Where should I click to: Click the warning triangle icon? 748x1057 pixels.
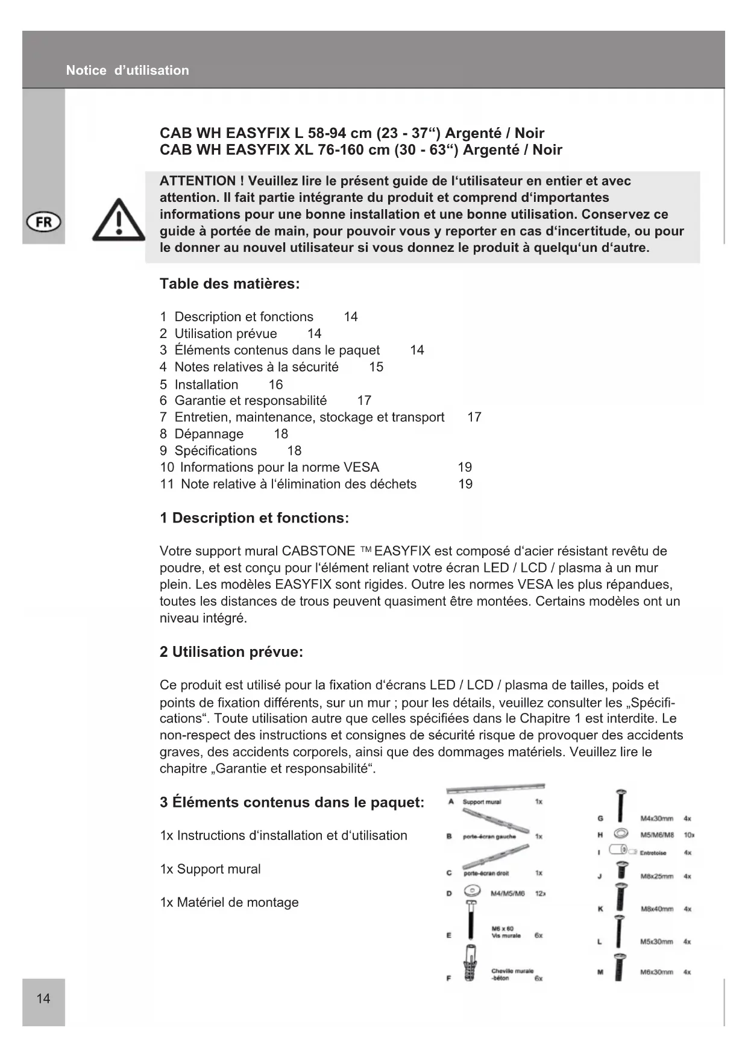coord(119,221)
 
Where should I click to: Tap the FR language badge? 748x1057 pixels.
coord(44,222)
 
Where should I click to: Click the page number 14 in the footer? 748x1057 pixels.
coord(43,999)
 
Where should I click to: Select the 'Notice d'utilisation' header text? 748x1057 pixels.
coord(127,71)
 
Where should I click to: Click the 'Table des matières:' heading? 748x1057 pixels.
coord(230,284)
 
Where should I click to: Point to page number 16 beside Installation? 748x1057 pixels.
coord(275,384)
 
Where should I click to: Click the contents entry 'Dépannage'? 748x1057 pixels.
coord(209,434)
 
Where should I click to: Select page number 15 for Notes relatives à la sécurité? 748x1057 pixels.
coord(376,367)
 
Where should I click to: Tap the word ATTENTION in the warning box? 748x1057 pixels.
coord(198,181)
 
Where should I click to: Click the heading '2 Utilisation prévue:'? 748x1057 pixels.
coord(231,652)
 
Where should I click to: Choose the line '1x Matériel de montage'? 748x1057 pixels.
coord(230,902)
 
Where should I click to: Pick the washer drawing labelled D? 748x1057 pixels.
coord(472,891)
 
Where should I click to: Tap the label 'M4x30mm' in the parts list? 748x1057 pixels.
coord(656,818)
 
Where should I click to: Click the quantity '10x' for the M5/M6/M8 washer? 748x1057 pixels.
coord(688,835)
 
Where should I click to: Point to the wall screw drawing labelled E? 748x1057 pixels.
coord(471,920)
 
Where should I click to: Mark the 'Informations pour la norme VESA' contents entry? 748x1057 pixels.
coord(280,468)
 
